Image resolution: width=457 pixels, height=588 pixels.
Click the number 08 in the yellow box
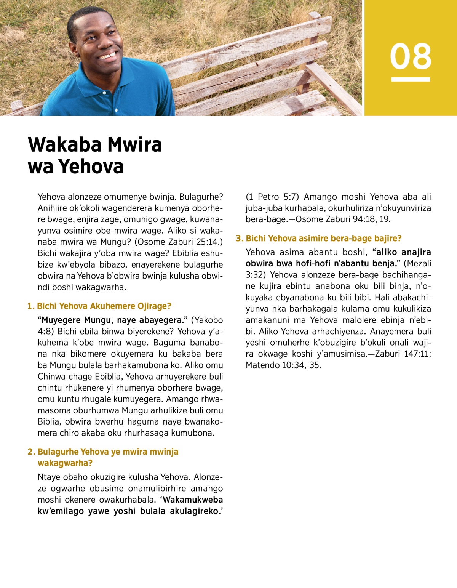pyautogui.click(x=411, y=56)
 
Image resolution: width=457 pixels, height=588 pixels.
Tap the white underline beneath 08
pyautogui.click(x=411, y=79)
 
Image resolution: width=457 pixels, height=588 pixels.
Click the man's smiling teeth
pyautogui.click(x=108, y=56)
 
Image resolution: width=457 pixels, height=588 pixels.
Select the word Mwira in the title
pyautogui.click(x=135, y=145)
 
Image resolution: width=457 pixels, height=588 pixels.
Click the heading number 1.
pyautogui.click(x=30, y=306)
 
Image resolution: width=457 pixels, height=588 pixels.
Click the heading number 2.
pyautogui.click(x=31, y=452)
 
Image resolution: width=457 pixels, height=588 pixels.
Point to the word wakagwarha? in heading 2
pyautogui.click(x=65, y=463)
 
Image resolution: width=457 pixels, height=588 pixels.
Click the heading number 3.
pyautogui.click(x=239, y=238)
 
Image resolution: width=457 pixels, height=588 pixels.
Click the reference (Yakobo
pyautogui.click(x=207, y=320)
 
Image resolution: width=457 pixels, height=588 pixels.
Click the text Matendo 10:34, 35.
pyautogui.click(x=283, y=365)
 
